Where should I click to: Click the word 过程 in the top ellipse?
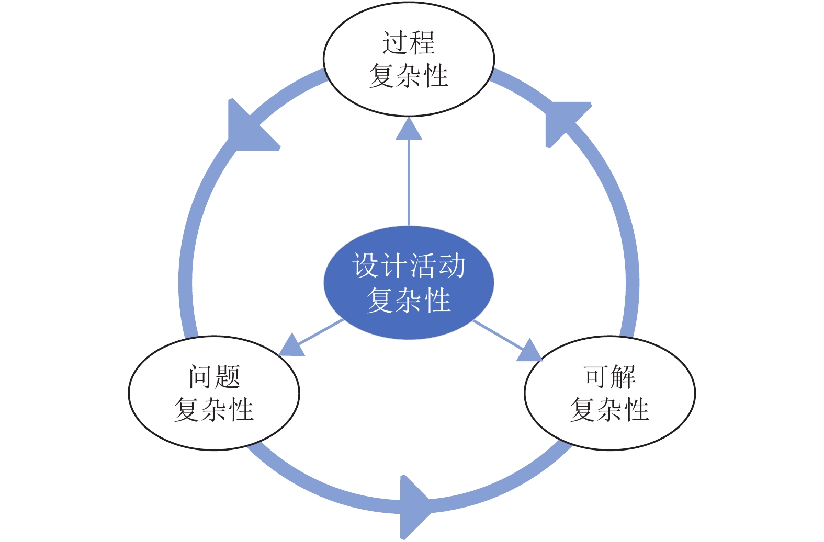click(409, 43)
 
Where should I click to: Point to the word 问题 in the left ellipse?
click(214, 376)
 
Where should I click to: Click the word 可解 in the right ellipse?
click(609, 376)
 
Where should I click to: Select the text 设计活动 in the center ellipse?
click(409, 266)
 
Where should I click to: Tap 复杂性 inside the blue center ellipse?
click(409, 300)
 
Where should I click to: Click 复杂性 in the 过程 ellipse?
click(409, 76)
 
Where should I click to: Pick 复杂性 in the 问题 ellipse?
click(214, 409)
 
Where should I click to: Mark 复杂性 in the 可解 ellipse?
click(609, 409)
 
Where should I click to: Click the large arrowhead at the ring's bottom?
click(413, 506)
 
